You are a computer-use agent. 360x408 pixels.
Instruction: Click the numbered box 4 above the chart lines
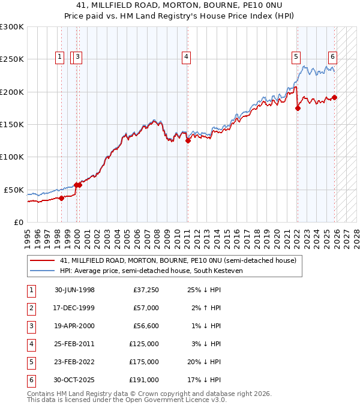[x=187, y=57]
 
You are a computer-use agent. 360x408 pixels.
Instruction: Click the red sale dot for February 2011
[x=188, y=141]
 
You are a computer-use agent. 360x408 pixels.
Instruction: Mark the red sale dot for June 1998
[x=61, y=198]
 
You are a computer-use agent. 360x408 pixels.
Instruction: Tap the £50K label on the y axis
[x=13, y=190]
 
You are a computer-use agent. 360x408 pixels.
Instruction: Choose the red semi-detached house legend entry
[x=178, y=260]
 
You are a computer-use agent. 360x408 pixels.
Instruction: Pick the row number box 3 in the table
[x=31, y=326]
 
